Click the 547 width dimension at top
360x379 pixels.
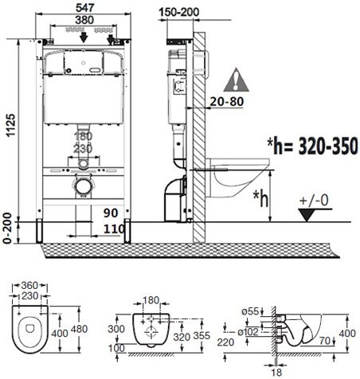pyautogui.click(x=84, y=7)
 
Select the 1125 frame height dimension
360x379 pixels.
pyautogui.click(x=11, y=126)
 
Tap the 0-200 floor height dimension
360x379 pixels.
pyautogui.click(x=8, y=229)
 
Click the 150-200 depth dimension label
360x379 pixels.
pyautogui.click(x=178, y=12)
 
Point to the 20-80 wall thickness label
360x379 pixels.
pyautogui.click(x=227, y=101)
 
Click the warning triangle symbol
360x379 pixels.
pyautogui.click(x=236, y=80)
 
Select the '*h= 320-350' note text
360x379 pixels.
pyautogui.click(x=312, y=147)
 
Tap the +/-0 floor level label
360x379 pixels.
pyautogui.click(x=314, y=200)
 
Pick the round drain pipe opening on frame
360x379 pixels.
pyautogui.click(x=84, y=186)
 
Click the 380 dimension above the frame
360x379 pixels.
pyautogui.click(x=84, y=20)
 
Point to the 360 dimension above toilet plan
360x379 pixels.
pyautogui.click(x=29, y=286)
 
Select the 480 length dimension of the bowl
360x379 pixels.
pyautogui.click(x=79, y=329)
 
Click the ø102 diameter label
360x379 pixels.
pyautogui.click(x=248, y=331)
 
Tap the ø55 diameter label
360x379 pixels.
pyautogui.click(x=250, y=311)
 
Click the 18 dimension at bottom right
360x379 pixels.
pyautogui.click(x=276, y=372)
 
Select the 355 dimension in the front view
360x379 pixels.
pyautogui.click(x=202, y=336)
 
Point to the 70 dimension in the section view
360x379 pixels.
pyautogui.click(x=325, y=341)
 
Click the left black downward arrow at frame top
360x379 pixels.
pyautogui.click(x=84, y=37)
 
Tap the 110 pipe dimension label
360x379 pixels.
pyautogui.click(x=114, y=229)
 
